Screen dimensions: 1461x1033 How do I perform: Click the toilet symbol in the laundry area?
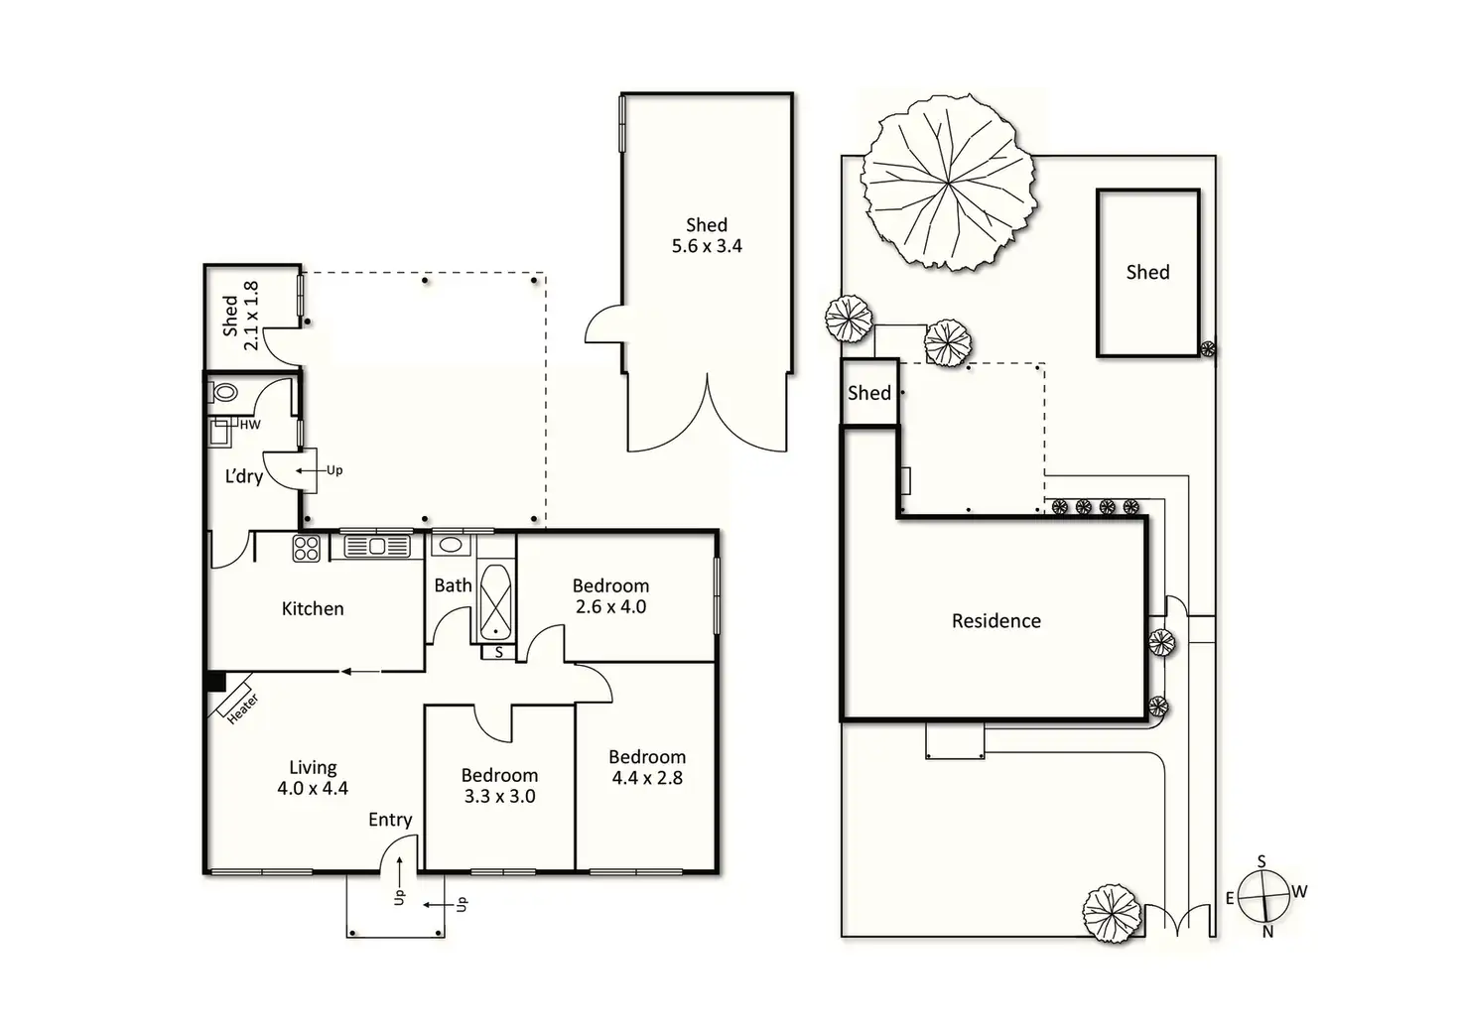pos(224,393)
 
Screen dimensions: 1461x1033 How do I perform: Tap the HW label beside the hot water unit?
pos(250,425)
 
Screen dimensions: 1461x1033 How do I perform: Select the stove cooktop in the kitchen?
pos(307,548)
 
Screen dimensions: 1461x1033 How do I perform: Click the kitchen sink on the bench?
pos(376,546)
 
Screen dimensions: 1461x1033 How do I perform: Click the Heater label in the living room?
pos(242,708)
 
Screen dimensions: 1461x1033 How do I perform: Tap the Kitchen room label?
pos(313,609)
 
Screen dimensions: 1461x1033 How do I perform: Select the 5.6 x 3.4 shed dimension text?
pos(707,246)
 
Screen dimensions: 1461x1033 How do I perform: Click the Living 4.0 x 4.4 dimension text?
pos(313,789)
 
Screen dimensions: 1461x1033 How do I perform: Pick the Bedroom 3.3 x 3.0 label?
pos(499,786)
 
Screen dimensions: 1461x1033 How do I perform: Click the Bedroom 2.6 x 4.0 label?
pos(610,596)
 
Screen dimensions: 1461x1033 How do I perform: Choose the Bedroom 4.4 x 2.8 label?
pos(647,768)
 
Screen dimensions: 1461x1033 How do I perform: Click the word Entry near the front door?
pos(390,820)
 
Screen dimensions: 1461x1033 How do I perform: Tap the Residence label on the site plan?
pos(996,621)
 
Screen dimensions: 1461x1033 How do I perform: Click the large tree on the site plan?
pos(948,188)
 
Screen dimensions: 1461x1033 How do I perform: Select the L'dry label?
pos(244,476)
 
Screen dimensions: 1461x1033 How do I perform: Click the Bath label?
pos(453,585)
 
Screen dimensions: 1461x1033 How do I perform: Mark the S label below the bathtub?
pos(498,652)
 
